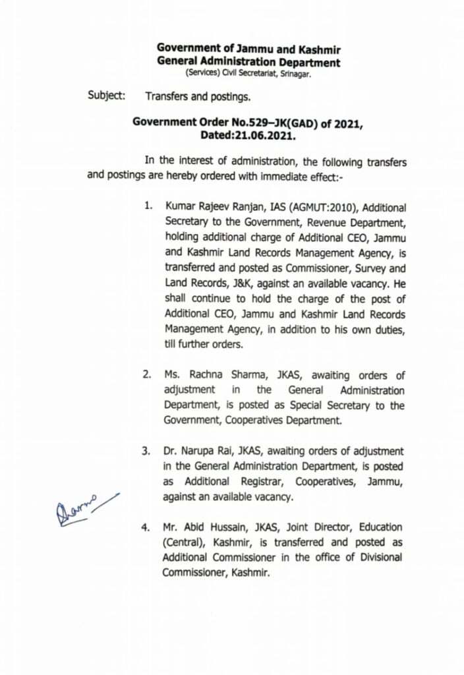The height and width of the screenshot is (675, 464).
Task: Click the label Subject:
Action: [107, 96]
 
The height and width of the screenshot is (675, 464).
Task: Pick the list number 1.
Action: [149, 207]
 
